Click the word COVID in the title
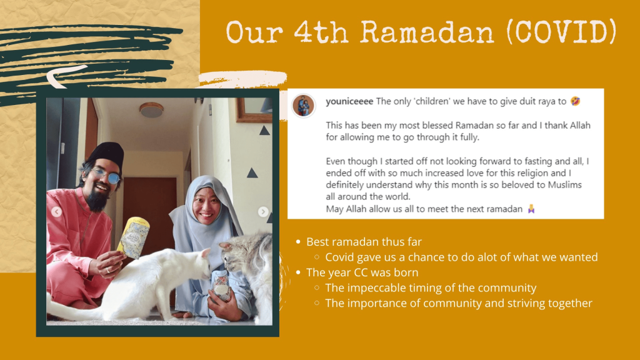(562, 32)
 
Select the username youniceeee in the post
(349, 101)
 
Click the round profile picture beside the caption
(303, 105)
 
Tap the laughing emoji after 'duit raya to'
(576, 101)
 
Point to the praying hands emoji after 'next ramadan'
(531, 209)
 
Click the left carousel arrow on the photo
(57, 211)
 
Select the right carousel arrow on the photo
(263, 211)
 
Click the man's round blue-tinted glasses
(106, 176)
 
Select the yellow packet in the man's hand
(134, 238)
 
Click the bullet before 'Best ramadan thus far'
(298, 242)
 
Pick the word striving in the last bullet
(526, 303)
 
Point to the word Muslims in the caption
(564, 185)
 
